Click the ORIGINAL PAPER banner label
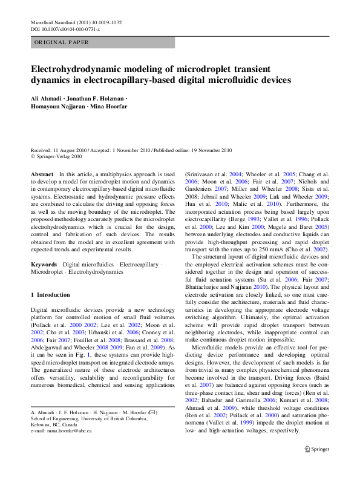pyautogui.click(x=62, y=42)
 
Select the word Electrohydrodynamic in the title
pyautogui.click(x=78, y=68)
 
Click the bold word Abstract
pyautogui.click(x=42, y=174)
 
